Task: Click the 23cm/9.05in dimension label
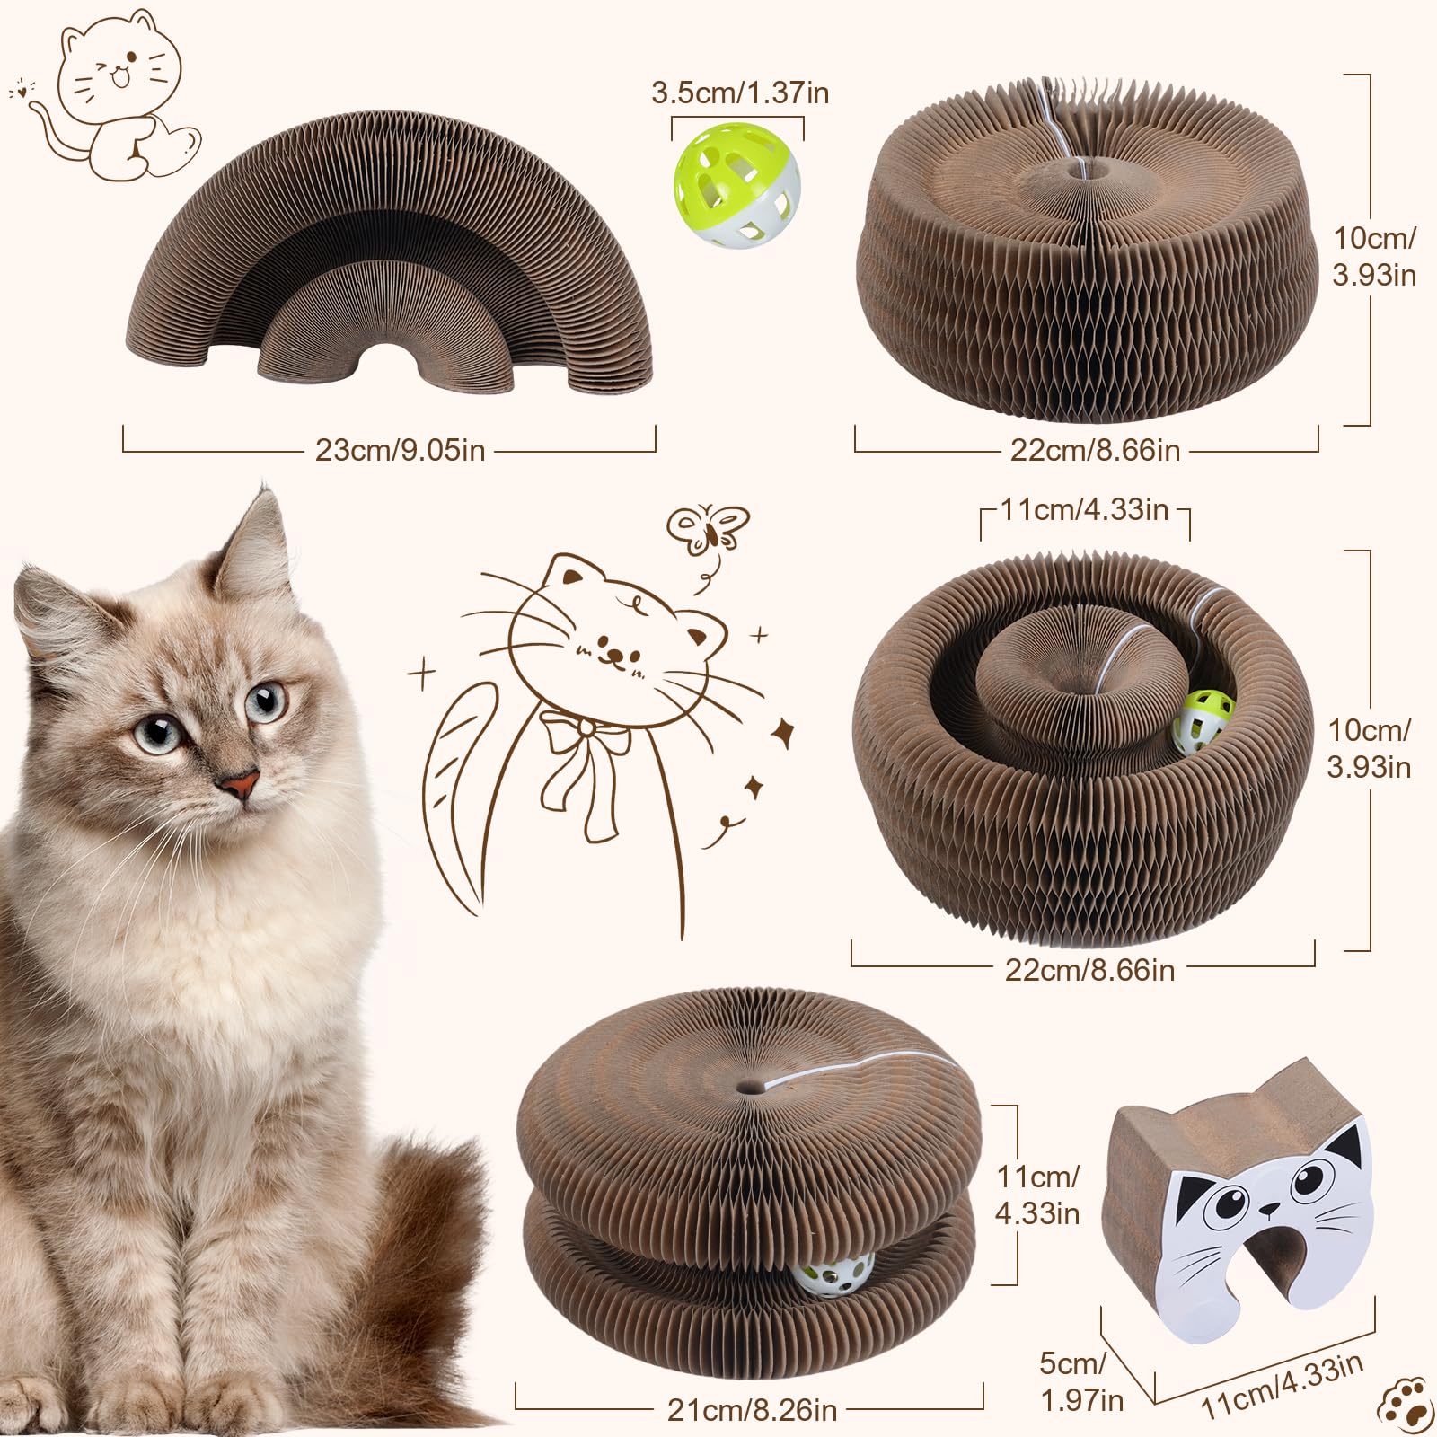[400, 450]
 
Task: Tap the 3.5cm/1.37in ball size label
[740, 93]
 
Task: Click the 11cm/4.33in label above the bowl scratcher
[1084, 509]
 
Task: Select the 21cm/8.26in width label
[752, 1409]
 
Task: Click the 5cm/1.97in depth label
[1081, 1380]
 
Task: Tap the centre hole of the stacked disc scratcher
[746, 1086]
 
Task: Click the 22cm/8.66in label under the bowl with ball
[1089, 970]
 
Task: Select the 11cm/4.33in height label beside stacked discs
[1037, 1195]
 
